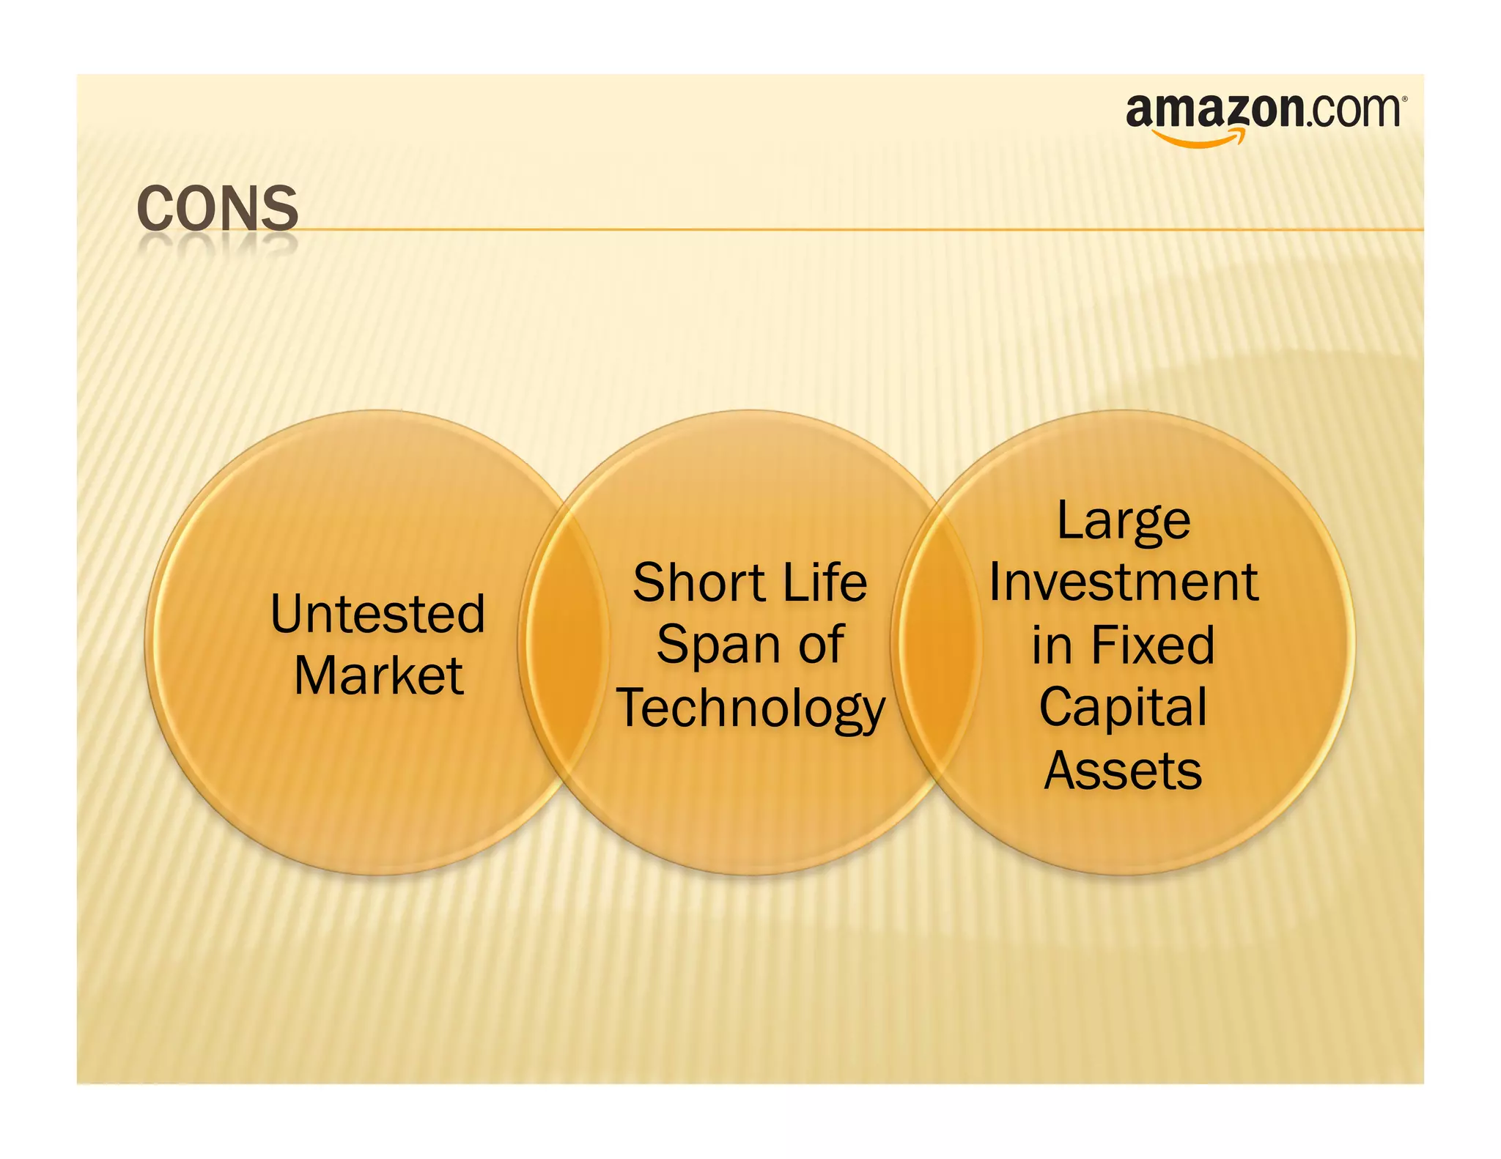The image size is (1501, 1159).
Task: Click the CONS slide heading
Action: [x=218, y=209]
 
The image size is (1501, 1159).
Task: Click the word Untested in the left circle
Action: [x=377, y=613]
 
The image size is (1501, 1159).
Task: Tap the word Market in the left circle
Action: [x=378, y=675]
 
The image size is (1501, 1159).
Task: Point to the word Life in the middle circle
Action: [x=825, y=583]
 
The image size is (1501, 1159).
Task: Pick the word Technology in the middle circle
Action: [x=751, y=708]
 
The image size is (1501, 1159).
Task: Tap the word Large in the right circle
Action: [x=1124, y=522]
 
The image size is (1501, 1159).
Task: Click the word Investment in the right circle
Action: [x=1124, y=583]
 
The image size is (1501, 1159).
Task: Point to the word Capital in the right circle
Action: [x=1124, y=708]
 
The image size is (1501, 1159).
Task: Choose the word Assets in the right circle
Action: [x=1124, y=771]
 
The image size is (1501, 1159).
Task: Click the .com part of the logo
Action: [x=1351, y=111]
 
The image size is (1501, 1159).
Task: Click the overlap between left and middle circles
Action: [x=564, y=642]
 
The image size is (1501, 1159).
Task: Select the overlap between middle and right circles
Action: [x=938, y=642]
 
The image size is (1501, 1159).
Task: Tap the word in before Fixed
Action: [x=1052, y=645]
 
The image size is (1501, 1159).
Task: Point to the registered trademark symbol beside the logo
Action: [x=1404, y=98]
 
